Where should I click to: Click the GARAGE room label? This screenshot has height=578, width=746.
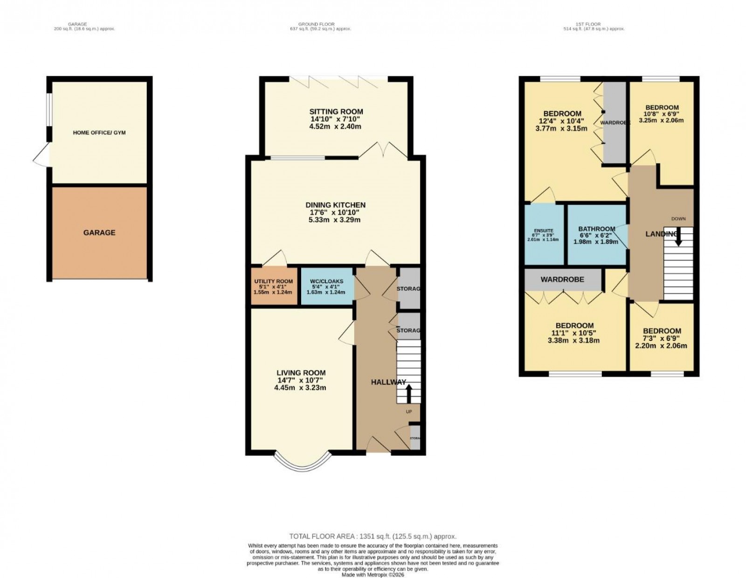click(99, 232)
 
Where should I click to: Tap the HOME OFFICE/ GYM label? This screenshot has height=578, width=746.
click(99, 133)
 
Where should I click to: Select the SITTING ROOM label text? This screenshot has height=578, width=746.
click(336, 112)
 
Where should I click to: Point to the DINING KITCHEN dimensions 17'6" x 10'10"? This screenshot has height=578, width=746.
click(335, 212)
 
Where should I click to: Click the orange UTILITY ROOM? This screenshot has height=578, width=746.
click(274, 286)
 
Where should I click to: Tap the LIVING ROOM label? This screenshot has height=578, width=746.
click(301, 373)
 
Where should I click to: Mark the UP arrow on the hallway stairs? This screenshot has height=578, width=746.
click(409, 392)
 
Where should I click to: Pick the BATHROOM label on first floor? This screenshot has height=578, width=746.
click(597, 229)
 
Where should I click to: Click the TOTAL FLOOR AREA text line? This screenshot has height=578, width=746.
click(373, 537)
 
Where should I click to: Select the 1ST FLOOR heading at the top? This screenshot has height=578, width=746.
click(594, 24)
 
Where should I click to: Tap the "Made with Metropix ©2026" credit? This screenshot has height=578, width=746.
click(373, 575)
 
